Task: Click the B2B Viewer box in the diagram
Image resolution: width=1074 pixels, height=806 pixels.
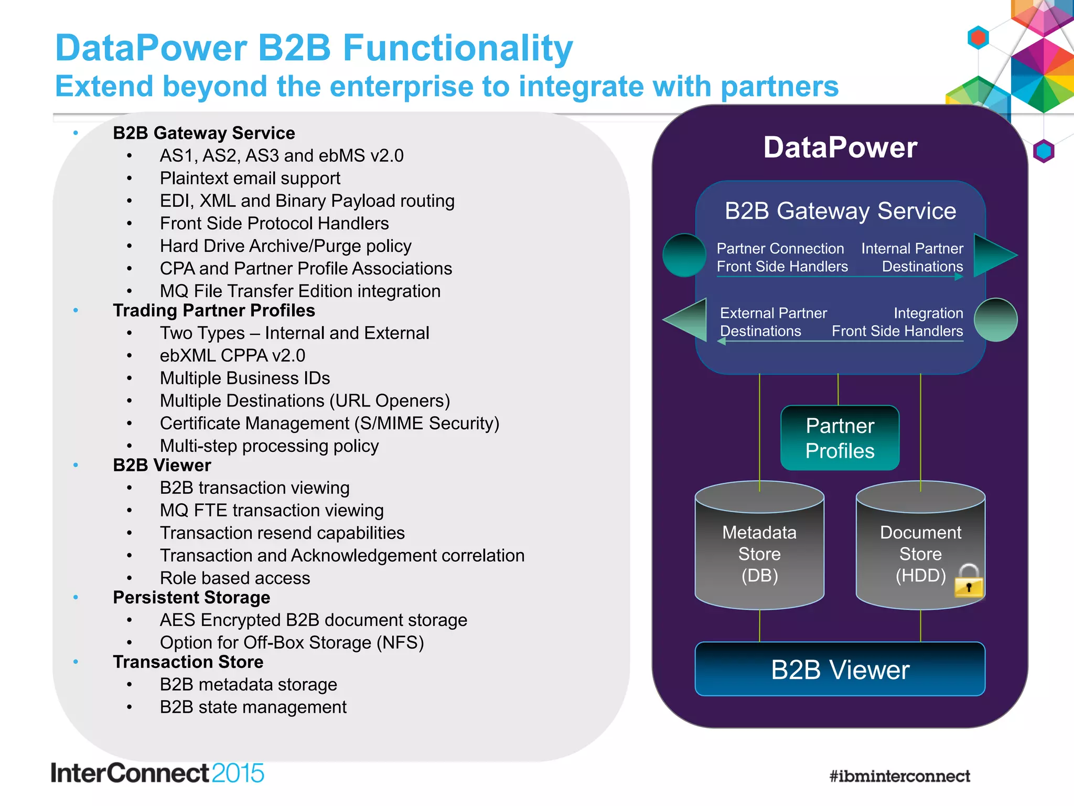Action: pos(840,670)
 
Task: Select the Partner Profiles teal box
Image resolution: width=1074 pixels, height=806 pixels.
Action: pos(840,438)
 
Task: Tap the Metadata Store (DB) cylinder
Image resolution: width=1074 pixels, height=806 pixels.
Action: pos(759,551)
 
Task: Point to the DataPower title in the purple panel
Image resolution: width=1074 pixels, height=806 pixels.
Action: pos(840,147)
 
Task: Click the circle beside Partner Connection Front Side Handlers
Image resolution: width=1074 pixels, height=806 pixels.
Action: pos(684,256)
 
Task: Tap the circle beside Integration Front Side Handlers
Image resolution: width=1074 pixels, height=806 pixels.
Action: pos(995,320)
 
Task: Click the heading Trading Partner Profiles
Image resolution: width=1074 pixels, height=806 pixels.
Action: pos(214,311)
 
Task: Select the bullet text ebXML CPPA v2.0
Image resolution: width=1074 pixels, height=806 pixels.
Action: pos(232,356)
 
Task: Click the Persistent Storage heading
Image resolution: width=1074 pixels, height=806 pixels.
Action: pos(191,598)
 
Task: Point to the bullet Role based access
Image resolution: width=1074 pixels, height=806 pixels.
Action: pos(235,578)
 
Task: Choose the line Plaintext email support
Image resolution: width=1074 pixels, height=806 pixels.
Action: pos(250,178)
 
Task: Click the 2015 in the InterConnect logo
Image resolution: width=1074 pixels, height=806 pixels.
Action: pos(238,773)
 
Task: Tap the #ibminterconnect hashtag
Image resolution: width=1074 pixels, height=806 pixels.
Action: pos(899,776)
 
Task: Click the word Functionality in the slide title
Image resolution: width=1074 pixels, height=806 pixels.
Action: pos(457,48)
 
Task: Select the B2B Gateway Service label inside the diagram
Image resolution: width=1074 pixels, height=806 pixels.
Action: pos(840,211)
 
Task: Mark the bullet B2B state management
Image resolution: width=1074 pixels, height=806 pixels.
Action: pos(253,707)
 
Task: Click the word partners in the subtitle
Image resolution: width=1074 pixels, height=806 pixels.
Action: pos(779,87)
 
